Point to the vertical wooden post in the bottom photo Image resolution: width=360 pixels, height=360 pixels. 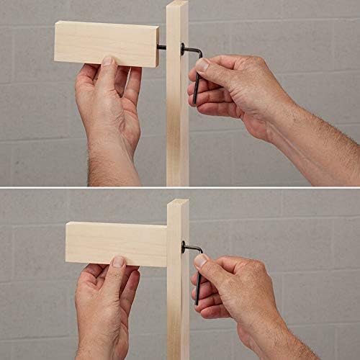(178, 310)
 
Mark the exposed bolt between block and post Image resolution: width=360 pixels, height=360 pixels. (162, 48)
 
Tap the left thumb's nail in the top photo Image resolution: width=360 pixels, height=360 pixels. (107, 61)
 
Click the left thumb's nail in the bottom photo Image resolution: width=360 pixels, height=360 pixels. (118, 261)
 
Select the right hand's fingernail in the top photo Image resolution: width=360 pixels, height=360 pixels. (202, 65)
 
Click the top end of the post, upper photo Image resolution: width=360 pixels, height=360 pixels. (177, 4)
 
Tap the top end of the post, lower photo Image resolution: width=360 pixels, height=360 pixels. (178, 203)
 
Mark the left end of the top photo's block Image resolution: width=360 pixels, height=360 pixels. (57, 43)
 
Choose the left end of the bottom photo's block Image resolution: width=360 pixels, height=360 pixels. (68, 243)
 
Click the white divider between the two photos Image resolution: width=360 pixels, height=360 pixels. (180, 189)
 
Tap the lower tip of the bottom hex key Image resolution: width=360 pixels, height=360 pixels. (196, 302)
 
